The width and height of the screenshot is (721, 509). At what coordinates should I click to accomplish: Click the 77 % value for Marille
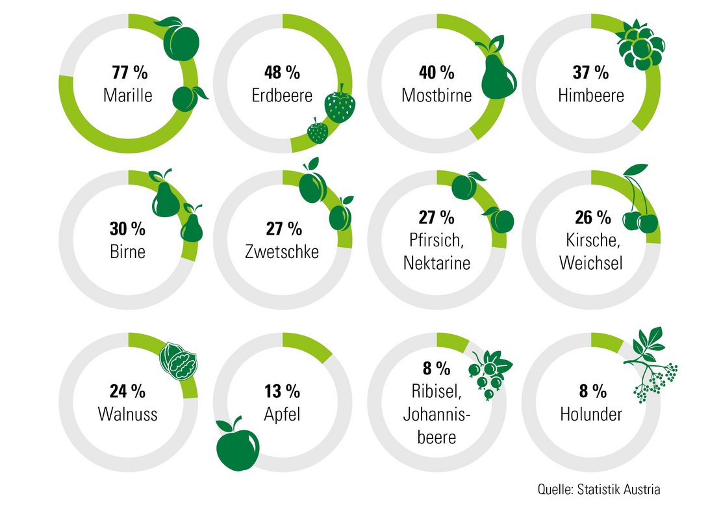tap(128, 72)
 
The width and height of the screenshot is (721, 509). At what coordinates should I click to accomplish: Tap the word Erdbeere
tap(283, 96)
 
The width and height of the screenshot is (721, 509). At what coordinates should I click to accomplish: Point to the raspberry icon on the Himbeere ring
tap(639, 44)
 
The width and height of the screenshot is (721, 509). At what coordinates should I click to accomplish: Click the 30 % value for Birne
tap(128, 228)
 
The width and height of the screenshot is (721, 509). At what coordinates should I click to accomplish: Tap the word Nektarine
tap(436, 263)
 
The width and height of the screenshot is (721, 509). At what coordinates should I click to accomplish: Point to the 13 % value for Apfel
tap(283, 391)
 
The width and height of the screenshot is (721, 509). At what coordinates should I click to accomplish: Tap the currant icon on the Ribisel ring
tap(491, 370)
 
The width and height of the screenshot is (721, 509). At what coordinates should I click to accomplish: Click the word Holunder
tap(590, 414)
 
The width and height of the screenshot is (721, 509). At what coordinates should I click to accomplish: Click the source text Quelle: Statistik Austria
tap(598, 489)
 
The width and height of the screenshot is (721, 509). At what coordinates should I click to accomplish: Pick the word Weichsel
tap(591, 263)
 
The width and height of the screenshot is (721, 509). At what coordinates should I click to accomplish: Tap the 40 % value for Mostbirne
tap(436, 72)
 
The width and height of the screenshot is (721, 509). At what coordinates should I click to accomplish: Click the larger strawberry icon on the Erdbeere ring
tap(340, 106)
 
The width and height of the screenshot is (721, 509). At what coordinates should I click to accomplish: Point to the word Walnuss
tap(128, 414)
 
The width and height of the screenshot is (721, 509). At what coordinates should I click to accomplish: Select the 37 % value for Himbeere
tap(591, 72)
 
